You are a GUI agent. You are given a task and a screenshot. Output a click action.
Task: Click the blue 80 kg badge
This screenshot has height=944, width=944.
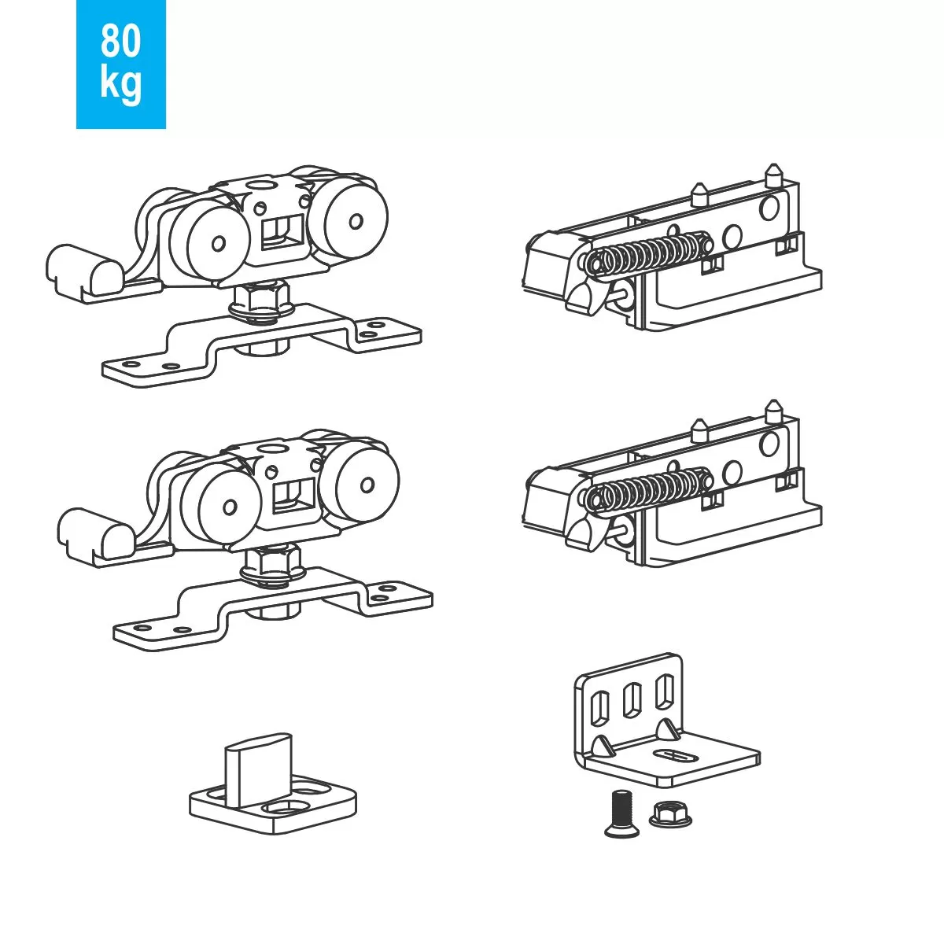(x=120, y=64)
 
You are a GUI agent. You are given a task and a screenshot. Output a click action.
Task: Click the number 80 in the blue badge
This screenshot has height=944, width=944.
(x=120, y=41)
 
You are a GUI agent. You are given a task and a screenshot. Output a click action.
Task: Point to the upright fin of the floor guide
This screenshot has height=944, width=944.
(x=258, y=768)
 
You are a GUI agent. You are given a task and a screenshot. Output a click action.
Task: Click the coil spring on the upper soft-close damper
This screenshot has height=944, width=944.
(x=649, y=253)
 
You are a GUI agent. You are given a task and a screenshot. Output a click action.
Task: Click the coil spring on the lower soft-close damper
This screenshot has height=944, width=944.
(x=649, y=491)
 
